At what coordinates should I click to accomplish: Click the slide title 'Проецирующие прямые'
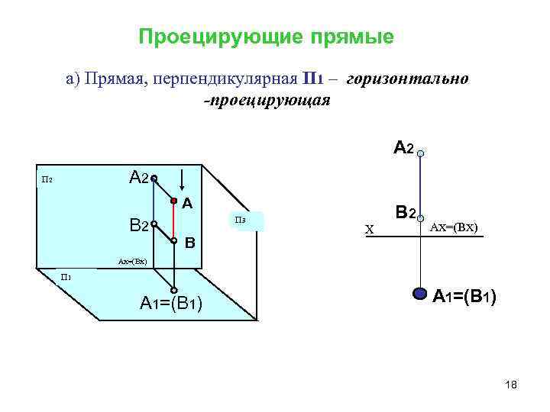267,37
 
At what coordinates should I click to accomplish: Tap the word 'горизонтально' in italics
407,79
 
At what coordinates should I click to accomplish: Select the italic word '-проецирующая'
266,101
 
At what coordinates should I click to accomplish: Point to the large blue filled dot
419,293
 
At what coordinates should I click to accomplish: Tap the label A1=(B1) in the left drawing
171,303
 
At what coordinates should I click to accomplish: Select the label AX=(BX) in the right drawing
455,227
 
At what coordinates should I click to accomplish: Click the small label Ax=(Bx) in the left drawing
132,262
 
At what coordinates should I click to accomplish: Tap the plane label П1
66,276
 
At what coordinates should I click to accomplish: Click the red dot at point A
173,201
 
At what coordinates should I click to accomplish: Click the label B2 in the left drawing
138,225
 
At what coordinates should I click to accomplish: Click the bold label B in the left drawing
190,244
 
